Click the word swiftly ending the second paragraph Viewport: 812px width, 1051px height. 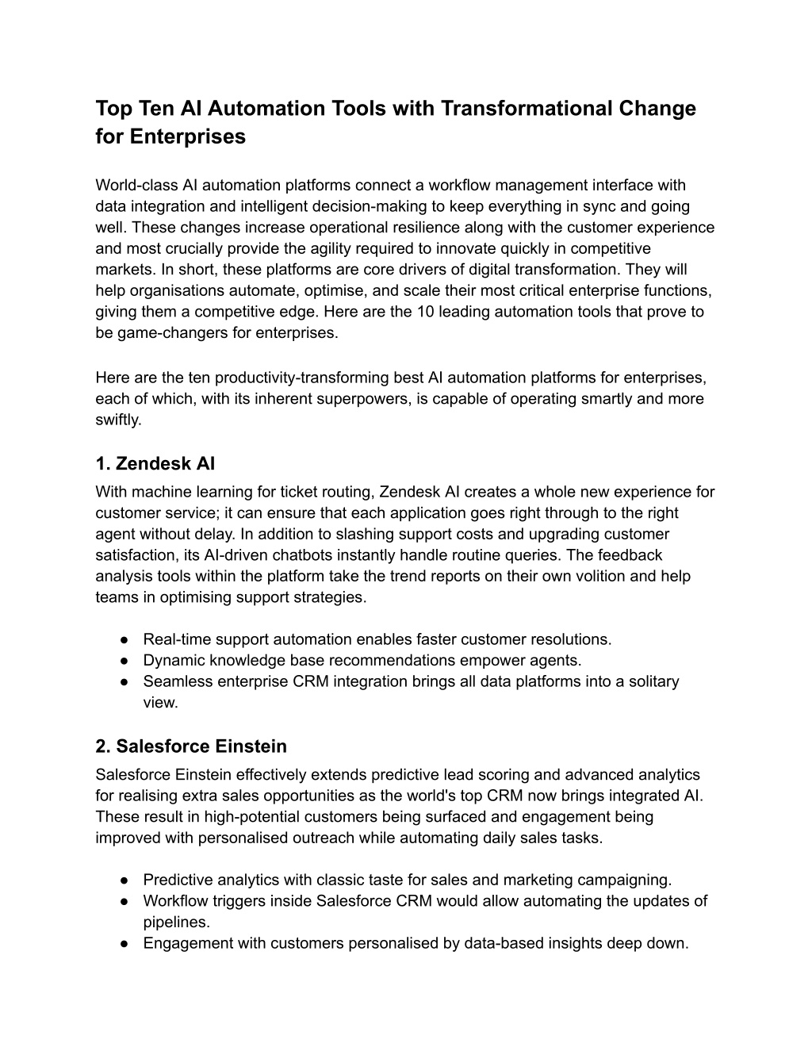118,420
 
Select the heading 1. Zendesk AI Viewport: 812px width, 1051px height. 155,463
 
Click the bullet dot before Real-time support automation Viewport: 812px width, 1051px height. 125,639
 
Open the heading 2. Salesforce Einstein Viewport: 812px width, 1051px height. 190,746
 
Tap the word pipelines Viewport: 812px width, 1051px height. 176,923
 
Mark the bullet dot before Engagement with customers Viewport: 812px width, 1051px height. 125,944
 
